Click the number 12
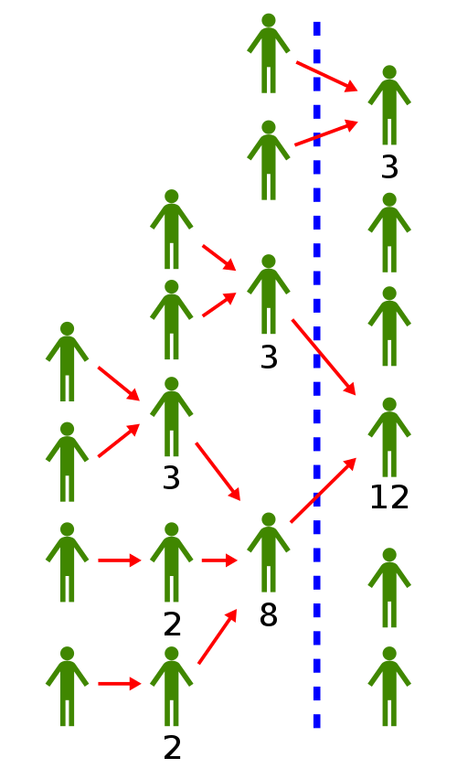(x=389, y=497)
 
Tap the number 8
(x=268, y=615)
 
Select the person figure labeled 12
(x=389, y=437)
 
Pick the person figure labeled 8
(x=268, y=552)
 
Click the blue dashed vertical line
(x=317, y=375)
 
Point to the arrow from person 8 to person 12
(x=324, y=490)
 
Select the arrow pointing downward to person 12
(x=324, y=357)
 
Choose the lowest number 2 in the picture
(x=172, y=748)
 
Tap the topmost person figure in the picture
(x=268, y=53)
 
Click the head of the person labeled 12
(x=389, y=404)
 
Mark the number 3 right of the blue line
(x=389, y=167)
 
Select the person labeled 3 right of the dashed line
(x=389, y=105)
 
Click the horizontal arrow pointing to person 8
(x=219, y=560)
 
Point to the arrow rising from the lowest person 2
(x=218, y=636)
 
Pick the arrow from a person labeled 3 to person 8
(x=218, y=472)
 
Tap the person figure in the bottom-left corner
(x=67, y=686)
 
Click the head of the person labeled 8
(x=268, y=519)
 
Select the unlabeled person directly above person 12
(x=389, y=325)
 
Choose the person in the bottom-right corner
(x=389, y=686)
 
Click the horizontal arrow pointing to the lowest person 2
(x=120, y=684)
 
